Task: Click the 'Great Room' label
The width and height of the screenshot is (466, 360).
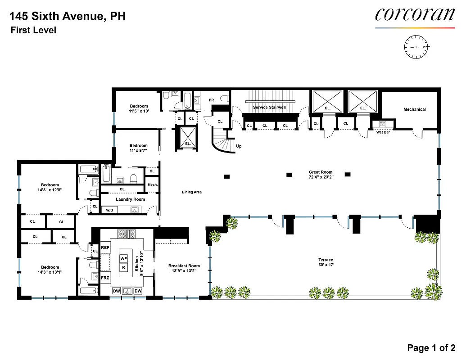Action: point(321,172)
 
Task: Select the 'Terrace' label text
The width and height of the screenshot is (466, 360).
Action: point(326,260)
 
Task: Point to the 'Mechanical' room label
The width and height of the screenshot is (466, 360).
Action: point(414,109)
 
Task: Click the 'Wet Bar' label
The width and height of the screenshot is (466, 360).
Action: point(383,132)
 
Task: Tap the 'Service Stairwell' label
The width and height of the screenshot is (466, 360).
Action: point(269,108)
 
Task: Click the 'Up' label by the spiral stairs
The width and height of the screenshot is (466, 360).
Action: point(239,146)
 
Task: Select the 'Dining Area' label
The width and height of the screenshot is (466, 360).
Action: point(191,192)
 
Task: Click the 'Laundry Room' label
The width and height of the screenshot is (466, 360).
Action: point(130,199)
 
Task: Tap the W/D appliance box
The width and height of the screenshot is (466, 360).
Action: point(109,210)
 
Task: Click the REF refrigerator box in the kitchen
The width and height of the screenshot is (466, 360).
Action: point(105,247)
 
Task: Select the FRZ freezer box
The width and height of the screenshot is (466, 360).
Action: point(105,278)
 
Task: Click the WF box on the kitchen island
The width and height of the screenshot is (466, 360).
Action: point(124,258)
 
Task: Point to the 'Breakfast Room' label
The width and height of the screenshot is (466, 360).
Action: point(184,266)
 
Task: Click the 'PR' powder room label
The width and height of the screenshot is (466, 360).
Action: point(211,100)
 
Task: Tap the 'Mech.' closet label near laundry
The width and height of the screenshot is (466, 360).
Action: point(152,184)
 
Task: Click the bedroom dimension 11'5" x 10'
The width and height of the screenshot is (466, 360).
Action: point(138,111)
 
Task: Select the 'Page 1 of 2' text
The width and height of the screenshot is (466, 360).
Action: point(431,347)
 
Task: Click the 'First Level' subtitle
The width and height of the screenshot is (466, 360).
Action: point(34,31)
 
